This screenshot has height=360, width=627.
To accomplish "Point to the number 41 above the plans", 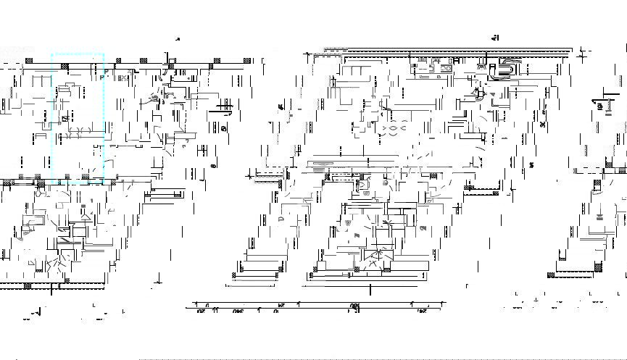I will [496, 38].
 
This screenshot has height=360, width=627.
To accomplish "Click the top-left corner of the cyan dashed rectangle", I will [52, 54].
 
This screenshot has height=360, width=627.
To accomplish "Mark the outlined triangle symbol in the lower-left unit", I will [86, 217].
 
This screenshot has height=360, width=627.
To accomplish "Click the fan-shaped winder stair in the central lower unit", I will [377, 258].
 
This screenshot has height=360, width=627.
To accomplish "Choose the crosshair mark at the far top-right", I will [584, 53].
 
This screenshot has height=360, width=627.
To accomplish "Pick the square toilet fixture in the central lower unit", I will [362, 185].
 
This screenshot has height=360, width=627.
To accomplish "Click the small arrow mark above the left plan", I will [178, 39].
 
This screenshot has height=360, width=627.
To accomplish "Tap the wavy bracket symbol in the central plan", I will [392, 130].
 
